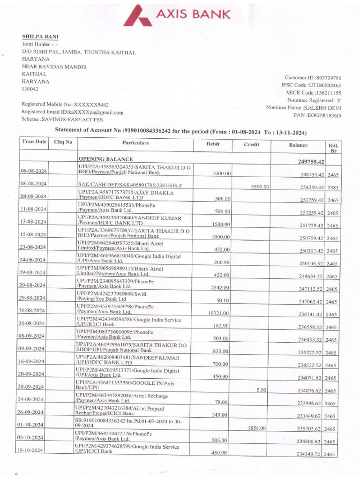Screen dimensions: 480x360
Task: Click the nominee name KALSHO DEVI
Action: click(323, 108)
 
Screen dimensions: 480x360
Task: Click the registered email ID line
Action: click(72, 112)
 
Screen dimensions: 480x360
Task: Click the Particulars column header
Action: click(135, 142)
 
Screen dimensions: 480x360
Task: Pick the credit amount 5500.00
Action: click(260, 187)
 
